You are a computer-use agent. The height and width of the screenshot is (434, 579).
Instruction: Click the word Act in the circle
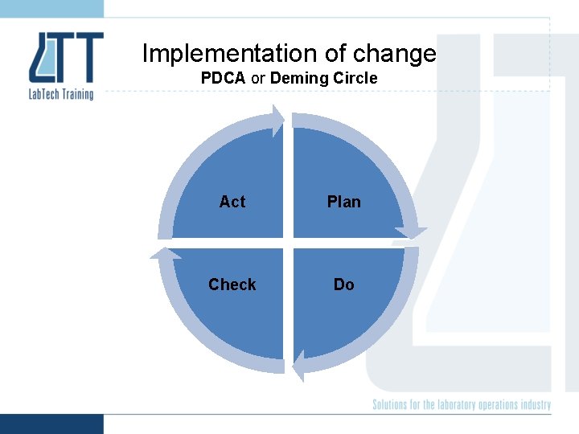pyautogui.click(x=232, y=202)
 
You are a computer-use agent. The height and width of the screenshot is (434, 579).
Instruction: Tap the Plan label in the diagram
pyautogui.click(x=343, y=202)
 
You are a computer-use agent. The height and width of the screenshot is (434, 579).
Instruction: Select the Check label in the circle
pyautogui.click(x=232, y=285)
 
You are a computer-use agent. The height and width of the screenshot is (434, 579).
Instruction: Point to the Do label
pyautogui.click(x=343, y=285)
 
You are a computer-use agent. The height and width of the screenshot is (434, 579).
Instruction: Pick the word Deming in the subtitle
pyautogui.click(x=296, y=78)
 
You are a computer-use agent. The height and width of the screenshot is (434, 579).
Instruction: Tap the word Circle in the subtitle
pyautogui.click(x=352, y=78)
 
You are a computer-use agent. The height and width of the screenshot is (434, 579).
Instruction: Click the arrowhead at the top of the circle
pyautogui.click(x=278, y=120)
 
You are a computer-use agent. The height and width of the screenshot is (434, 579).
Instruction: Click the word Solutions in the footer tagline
pyautogui.click(x=393, y=405)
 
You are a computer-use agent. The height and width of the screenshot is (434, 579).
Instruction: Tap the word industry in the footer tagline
pyautogui.click(x=534, y=405)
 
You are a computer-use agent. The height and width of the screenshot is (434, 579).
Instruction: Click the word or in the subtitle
pyautogui.click(x=260, y=78)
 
